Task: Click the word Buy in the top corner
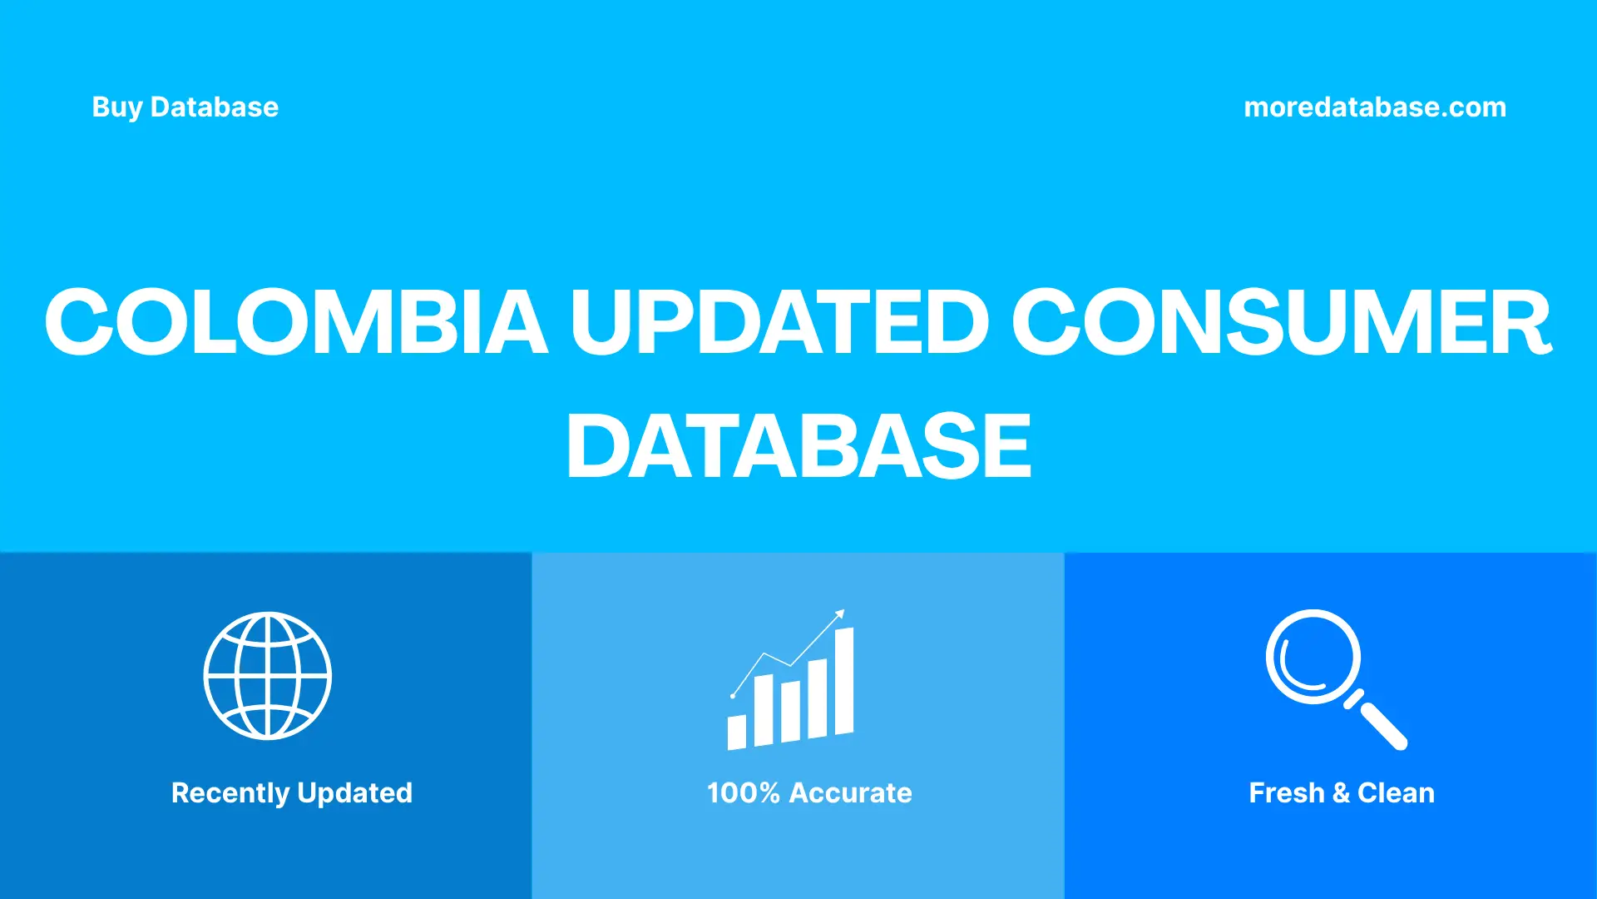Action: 116,107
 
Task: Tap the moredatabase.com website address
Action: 1374,107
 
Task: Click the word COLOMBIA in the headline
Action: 296,322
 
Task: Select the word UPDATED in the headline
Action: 779,322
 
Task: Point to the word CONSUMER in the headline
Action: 1281,322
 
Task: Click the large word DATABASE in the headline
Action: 798,447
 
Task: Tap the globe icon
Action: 268,676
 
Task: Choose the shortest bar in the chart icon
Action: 736,732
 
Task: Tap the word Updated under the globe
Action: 354,793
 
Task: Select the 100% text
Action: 743,793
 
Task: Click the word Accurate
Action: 850,793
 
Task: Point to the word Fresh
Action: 1286,793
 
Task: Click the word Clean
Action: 1396,793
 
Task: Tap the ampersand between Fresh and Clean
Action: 1341,793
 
